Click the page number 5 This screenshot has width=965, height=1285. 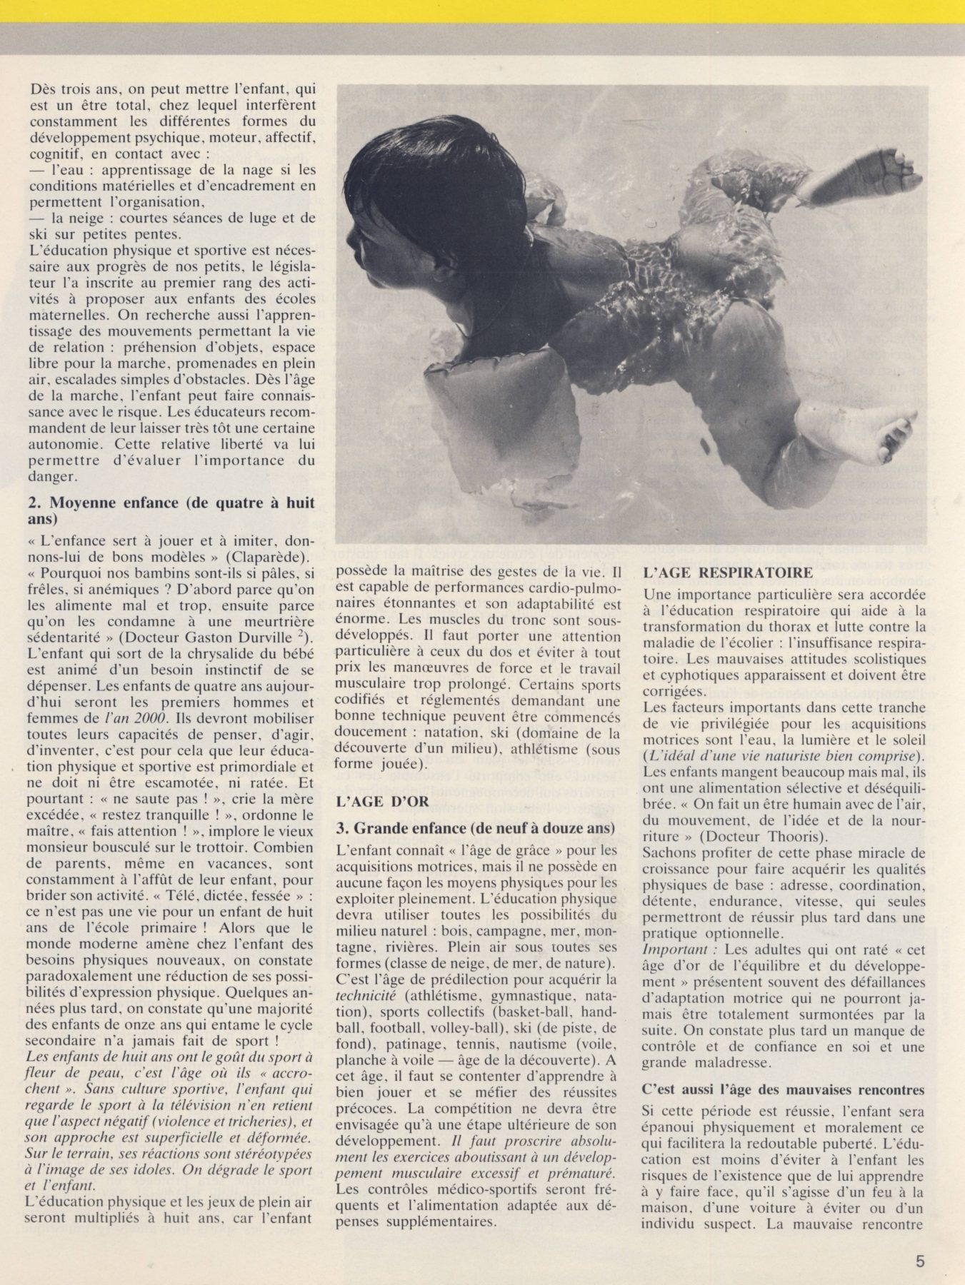point(920,1261)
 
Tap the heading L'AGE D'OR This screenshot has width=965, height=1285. point(382,801)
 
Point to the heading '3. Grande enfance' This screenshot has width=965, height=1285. point(476,828)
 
